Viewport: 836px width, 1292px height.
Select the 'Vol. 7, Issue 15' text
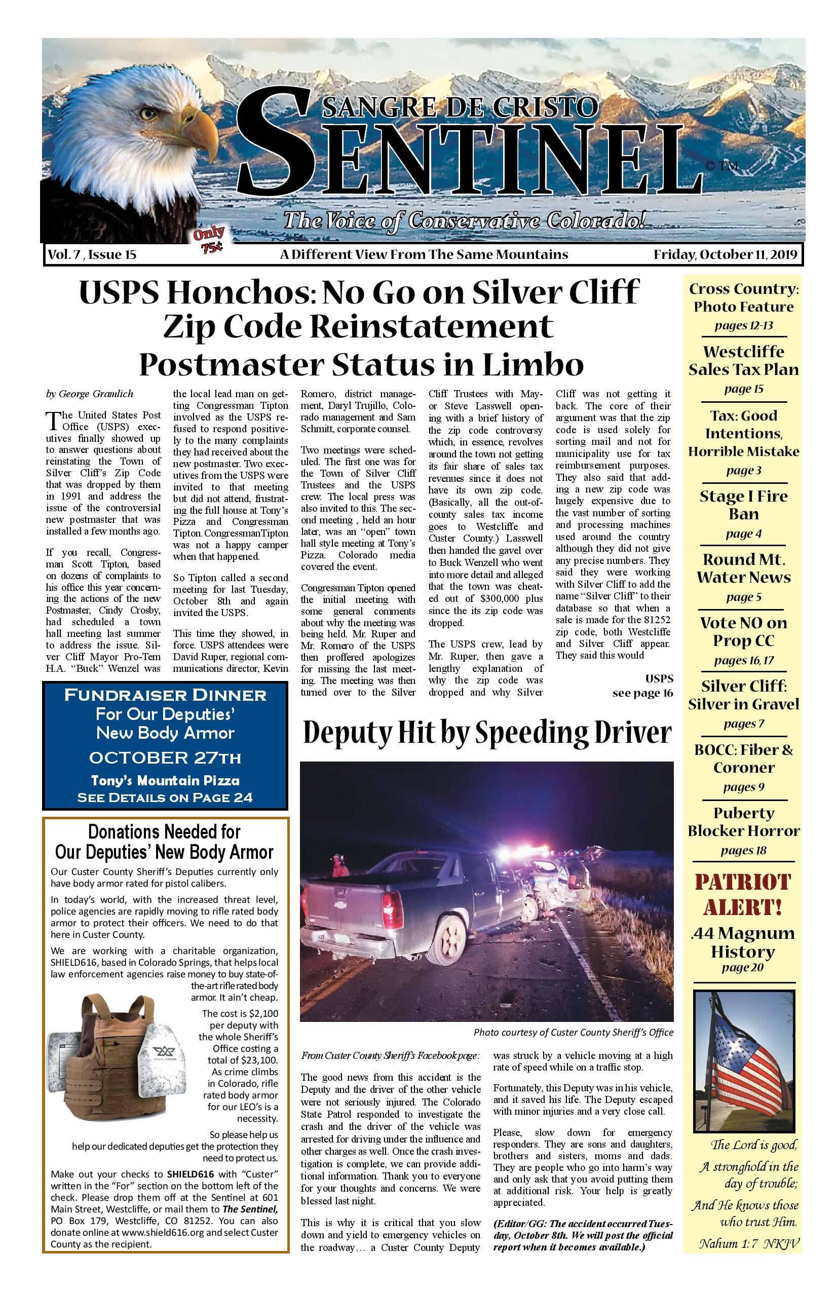coord(92,254)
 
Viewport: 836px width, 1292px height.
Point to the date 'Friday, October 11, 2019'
coord(725,254)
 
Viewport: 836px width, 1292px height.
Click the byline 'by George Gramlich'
coord(90,394)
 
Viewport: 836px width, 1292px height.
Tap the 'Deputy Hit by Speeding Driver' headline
coord(487,732)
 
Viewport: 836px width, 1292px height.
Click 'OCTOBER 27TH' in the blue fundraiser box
coord(165,757)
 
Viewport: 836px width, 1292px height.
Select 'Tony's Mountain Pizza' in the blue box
coord(165,781)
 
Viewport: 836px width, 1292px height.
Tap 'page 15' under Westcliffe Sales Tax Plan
coord(743,389)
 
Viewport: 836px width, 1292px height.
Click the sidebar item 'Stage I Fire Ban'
coord(743,505)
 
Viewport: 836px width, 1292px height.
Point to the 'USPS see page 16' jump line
coord(643,686)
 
